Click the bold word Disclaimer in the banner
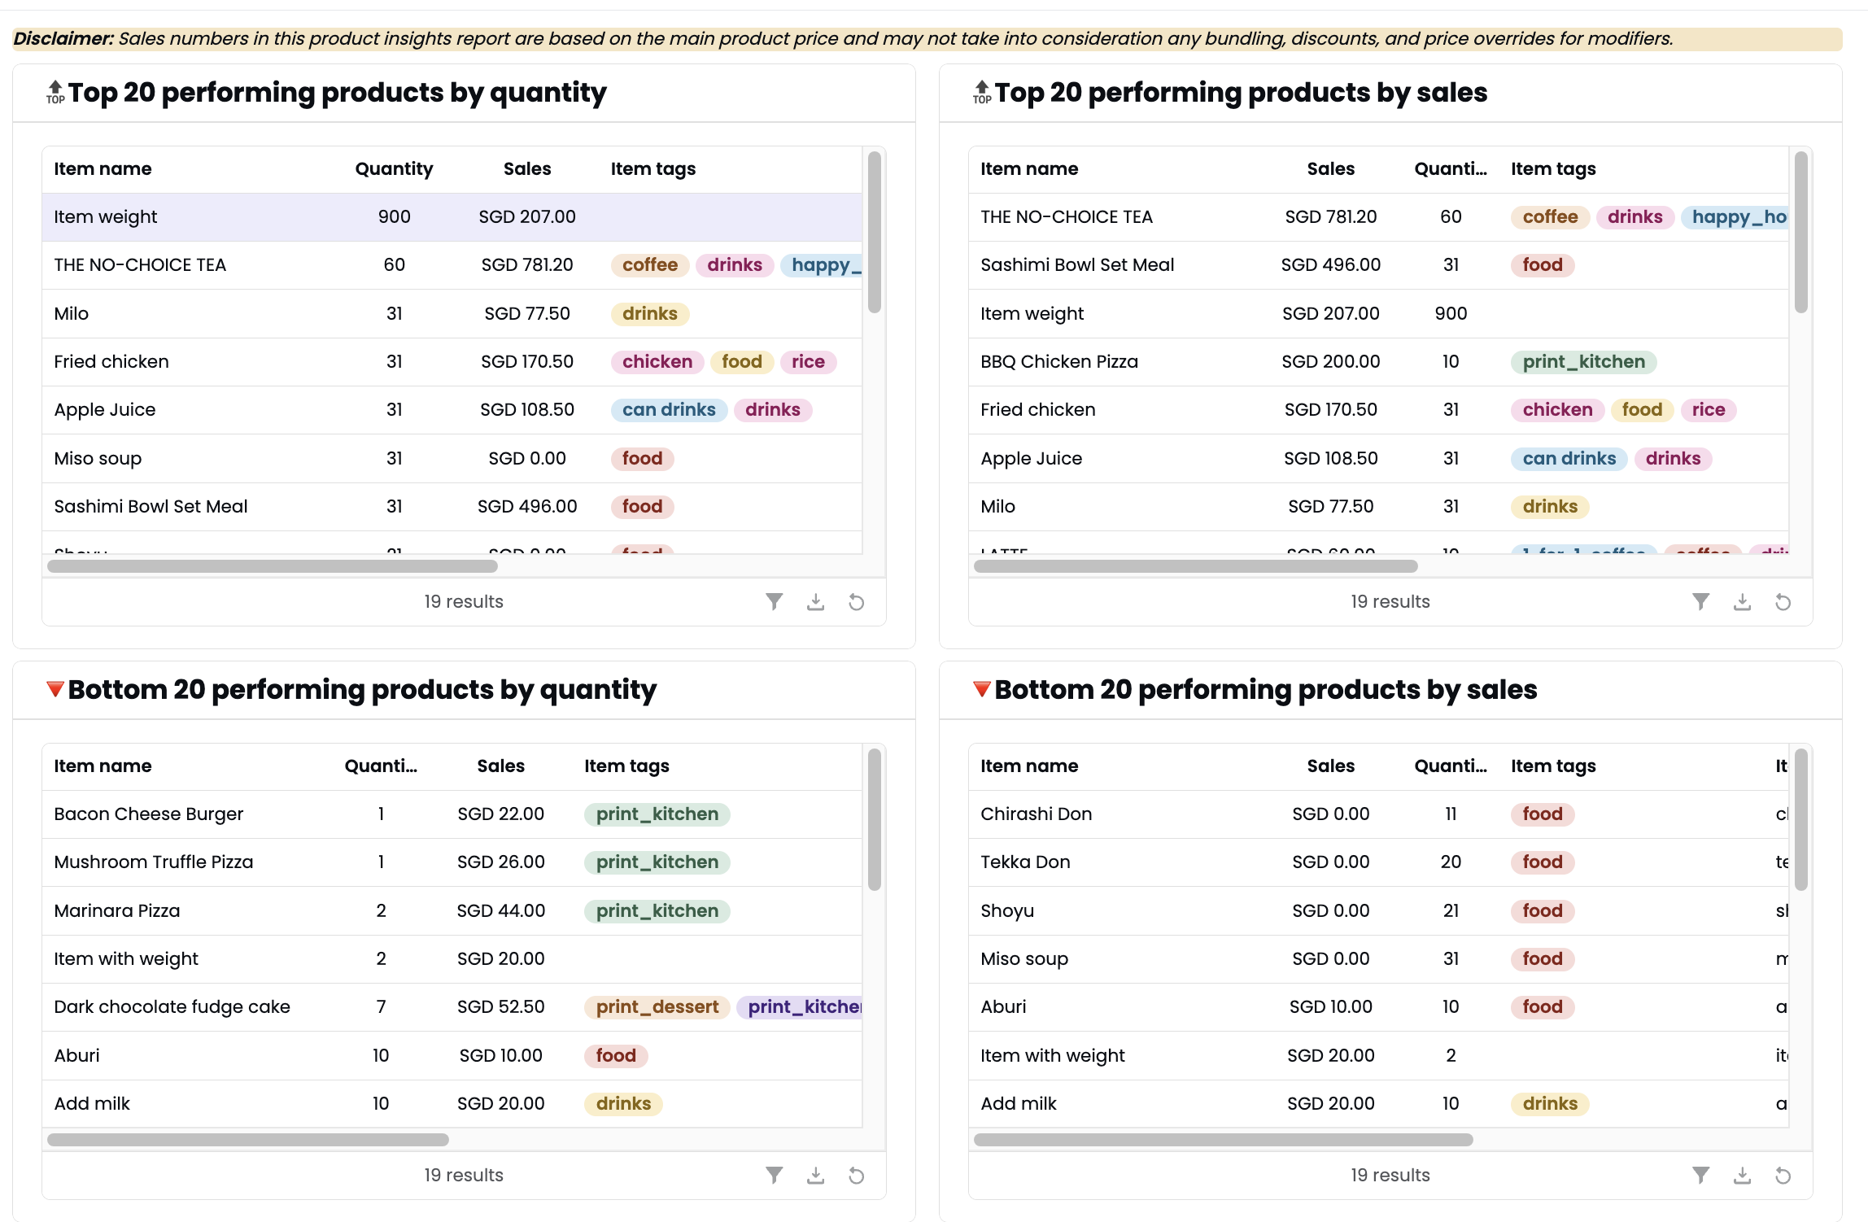[x=63, y=38]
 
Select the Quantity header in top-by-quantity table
[x=394, y=168]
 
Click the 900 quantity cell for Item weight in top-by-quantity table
[x=394, y=216]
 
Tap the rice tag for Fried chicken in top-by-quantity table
[x=807, y=361]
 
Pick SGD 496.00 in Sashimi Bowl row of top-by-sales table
[x=1330, y=264]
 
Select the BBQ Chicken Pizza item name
[x=1058, y=361]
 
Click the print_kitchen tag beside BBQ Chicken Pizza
[x=1582, y=361]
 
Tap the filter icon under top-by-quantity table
[x=774, y=601]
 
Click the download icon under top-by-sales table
[x=1741, y=601]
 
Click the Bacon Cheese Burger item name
[x=148, y=814]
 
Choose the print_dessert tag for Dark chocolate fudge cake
[x=657, y=1006]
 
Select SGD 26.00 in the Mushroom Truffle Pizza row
[x=500, y=862]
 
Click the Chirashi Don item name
[x=1036, y=814]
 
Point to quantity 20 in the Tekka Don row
[x=1450, y=862]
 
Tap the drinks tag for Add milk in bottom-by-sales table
[x=1549, y=1103]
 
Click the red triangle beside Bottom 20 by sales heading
[x=981, y=689]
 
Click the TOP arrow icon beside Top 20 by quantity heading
[x=55, y=91]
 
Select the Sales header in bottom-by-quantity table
[x=500, y=766]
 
